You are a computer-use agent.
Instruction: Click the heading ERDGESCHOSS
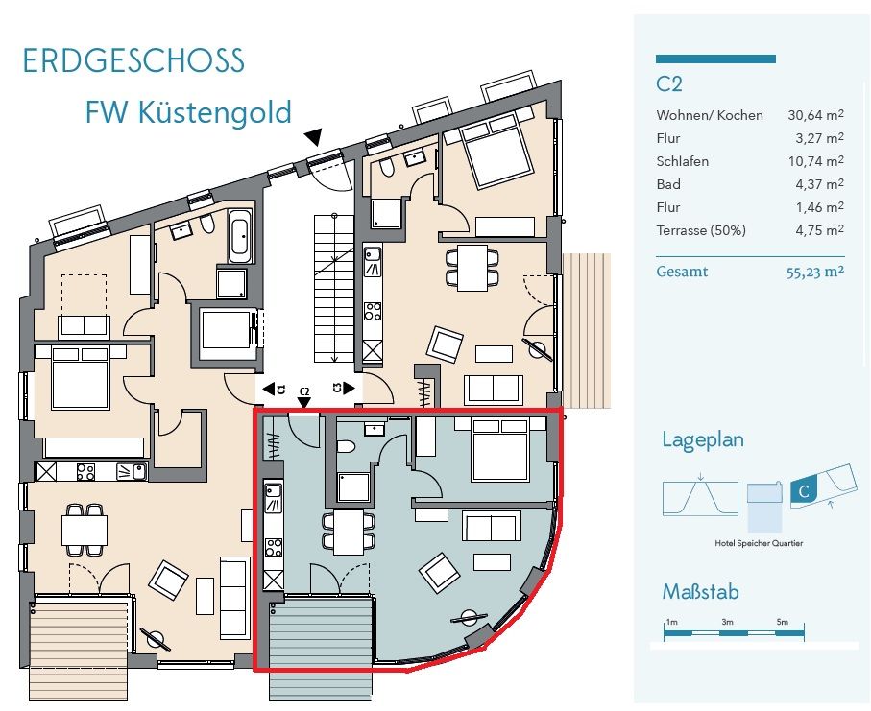(133, 60)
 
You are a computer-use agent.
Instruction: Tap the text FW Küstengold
(188, 112)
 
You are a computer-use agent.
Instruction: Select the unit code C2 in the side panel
(669, 84)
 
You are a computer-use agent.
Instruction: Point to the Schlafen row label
(682, 161)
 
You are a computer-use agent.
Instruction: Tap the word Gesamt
(682, 272)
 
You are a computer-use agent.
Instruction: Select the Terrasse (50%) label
(701, 230)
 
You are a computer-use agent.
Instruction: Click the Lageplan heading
(703, 440)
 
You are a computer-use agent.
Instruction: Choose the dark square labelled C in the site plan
(803, 493)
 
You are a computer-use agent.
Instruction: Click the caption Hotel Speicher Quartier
(759, 543)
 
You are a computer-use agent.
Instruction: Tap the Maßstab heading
(701, 591)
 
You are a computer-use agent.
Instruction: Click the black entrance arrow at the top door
(314, 138)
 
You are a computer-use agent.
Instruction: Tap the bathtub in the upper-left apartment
(240, 236)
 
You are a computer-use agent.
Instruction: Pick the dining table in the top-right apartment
(472, 267)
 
